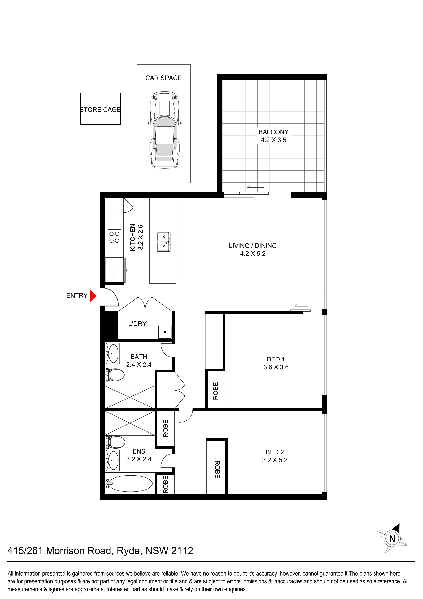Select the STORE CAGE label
[100, 110]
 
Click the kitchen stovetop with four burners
[114, 237]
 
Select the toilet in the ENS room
[115, 442]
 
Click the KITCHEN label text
[133, 237]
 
